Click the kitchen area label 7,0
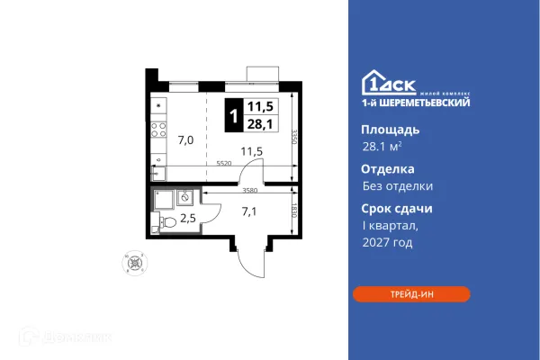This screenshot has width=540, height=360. pos(185,139)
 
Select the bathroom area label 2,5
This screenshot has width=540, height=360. pos(188,217)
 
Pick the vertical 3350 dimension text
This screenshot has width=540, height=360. pos(294,139)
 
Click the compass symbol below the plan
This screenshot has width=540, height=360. pos(136,264)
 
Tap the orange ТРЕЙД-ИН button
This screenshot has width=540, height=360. pos(410,294)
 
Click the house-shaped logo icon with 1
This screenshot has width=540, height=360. pos(373,80)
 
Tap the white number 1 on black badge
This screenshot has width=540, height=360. pos(233,115)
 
